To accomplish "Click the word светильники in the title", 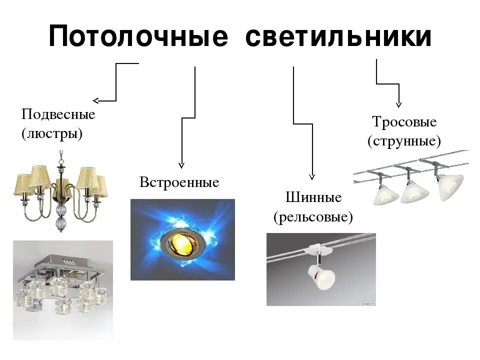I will click(338, 37).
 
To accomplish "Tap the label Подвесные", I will click(58, 114).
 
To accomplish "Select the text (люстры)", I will click(52, 134).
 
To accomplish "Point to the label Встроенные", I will click(179, 182).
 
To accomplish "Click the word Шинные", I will click(313, 197).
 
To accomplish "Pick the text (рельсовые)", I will click(313, 217).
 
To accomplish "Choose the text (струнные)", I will click(404, 141).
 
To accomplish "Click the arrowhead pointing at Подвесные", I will click(95, 100).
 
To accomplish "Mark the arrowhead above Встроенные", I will click(181, 164).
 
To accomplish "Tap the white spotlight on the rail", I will click(319, 274).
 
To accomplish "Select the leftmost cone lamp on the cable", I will click(384, 192).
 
